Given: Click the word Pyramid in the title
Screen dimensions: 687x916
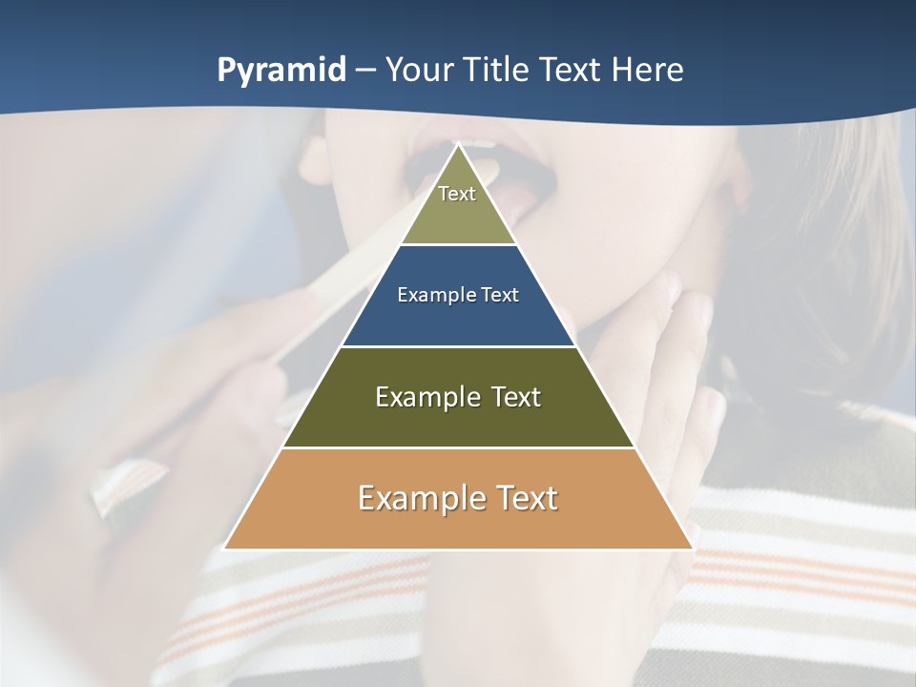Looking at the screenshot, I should [x=281, y=71].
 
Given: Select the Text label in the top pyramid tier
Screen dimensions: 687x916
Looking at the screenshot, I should [x=457, y=194].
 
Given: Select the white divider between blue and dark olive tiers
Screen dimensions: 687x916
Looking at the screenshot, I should [x=458, y=346].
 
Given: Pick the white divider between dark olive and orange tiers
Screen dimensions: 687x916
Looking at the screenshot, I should [x=458, y=448].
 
